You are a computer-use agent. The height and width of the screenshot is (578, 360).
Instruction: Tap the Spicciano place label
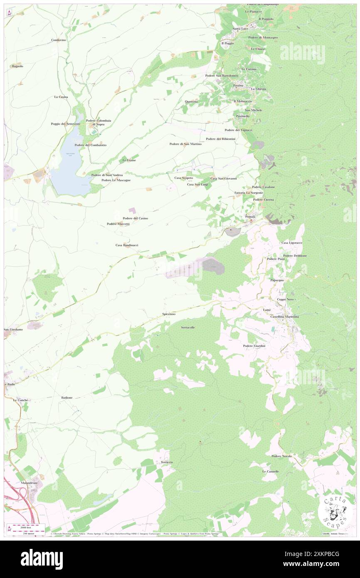tap(169, 314)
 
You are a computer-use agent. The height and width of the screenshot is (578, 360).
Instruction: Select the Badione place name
tap(67, 398)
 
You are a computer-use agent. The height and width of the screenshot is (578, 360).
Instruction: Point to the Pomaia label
tap(250, 217)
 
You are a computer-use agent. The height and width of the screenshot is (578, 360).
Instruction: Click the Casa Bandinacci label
tap(127, 245)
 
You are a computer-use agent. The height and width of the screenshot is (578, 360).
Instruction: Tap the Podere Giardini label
tap(254, 346)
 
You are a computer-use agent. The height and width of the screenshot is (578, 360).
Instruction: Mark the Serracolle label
tap(188, 327)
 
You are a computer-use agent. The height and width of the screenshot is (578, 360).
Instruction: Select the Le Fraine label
tap(129, 160)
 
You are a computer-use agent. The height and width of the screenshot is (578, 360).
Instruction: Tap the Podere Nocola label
tap(281, 456)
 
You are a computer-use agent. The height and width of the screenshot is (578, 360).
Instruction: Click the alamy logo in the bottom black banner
tap(42, 559)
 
